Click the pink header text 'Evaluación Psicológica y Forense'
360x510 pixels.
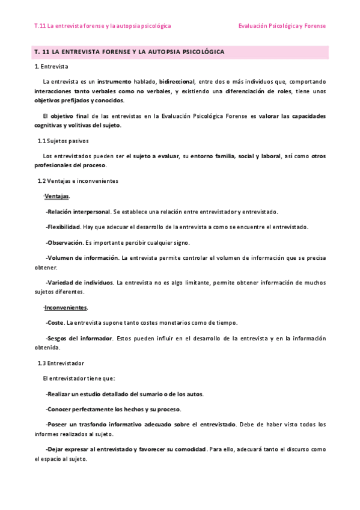(282, 26)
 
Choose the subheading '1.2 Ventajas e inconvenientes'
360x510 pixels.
(78, 180)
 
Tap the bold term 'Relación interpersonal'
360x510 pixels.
(79, 212)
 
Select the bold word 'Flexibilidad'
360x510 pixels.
(64, 227)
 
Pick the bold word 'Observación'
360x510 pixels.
(64, 242)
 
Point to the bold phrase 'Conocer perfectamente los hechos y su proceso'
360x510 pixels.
(113, 409)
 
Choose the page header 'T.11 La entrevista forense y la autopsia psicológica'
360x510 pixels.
(103, 26)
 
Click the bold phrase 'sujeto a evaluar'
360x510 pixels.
(156, 156)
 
